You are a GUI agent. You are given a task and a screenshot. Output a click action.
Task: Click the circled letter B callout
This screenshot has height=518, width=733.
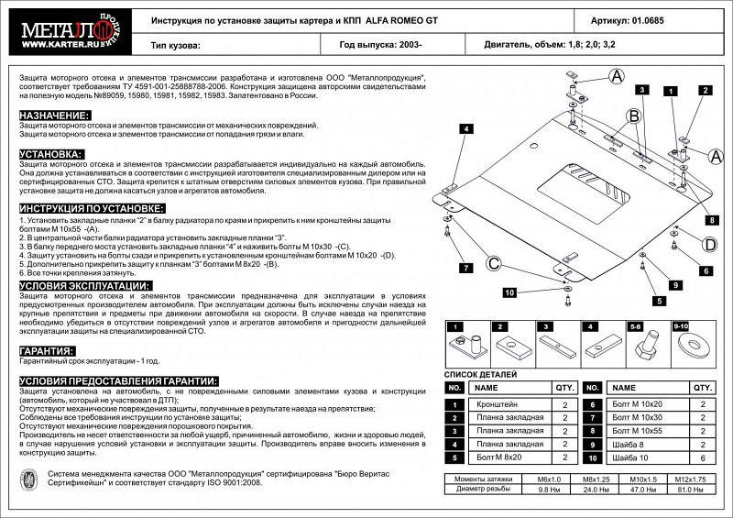tap(632, 115)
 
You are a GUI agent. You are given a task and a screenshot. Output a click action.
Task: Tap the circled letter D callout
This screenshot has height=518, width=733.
tap(709, 243)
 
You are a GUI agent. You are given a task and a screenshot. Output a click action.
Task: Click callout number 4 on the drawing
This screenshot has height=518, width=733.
tap(465, 128)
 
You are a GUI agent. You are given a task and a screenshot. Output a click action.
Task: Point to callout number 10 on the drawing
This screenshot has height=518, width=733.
tap(509, 292)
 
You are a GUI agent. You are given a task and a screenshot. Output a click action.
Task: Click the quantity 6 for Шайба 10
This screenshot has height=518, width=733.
tap(702, 457)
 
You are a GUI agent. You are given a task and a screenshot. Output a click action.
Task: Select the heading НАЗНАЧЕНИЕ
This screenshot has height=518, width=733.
tap(54, 115)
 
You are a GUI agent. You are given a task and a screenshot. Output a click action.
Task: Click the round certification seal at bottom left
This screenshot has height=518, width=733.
tap(30, 479)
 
